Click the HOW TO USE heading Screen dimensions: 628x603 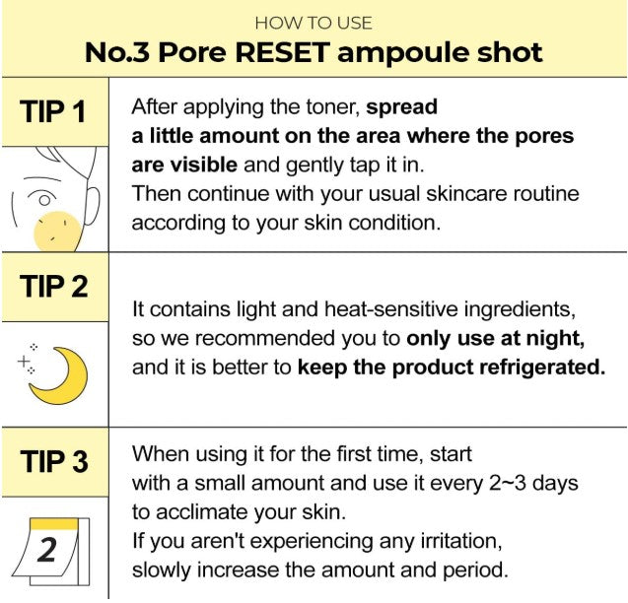click(x=314, y=23)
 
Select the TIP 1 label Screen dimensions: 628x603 click(x=53, y=111)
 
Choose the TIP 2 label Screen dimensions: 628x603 click(x=54, y=286)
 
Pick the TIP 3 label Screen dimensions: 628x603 click(x=54, y=461)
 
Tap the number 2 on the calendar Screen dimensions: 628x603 click(x=47, y=550)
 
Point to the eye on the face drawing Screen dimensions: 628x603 click(x=43, y=199)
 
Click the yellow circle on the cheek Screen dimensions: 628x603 click(x=57, y=233)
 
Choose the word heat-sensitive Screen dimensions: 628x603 click(x=390, y=309)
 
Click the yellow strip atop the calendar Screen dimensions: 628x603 click(x=55, y=524)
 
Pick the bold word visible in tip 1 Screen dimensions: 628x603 click(x=203, y=165)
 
